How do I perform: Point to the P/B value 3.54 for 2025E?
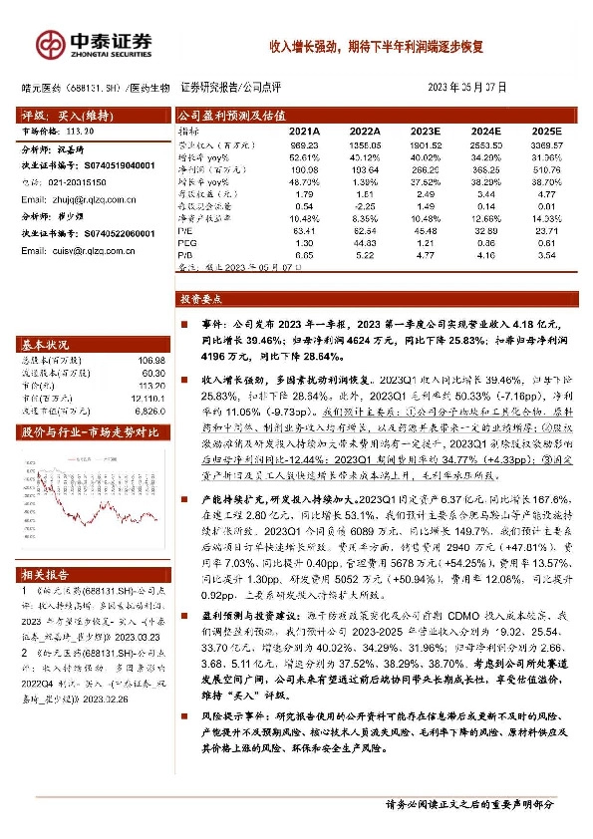547,255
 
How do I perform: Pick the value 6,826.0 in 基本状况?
147,411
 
